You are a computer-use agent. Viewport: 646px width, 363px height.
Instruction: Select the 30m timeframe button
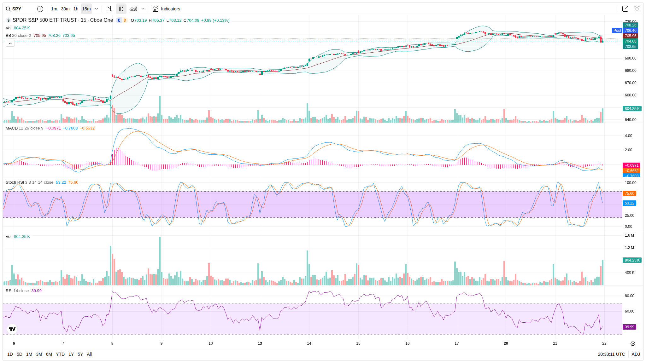pyautogui.click(x=65, y=9)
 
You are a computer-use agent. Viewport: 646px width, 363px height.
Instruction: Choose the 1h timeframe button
pyautogui.click(x=76, y=9)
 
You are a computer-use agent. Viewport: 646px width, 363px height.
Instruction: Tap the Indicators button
pyautogui.click(x=167, y=9)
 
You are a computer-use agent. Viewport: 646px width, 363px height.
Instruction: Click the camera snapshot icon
pyautogui.click(x=637, y=9)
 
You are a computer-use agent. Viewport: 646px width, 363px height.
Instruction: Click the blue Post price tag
pyautogui.click(x=617, y=31)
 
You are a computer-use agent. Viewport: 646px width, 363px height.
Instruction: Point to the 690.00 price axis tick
pyautogui.click(x=630, y=58)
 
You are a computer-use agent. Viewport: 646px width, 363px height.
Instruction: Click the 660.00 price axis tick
pyautogui.click(x=630, y=95)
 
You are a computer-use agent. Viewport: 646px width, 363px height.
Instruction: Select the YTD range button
pyautogui.click(x=60, y=354)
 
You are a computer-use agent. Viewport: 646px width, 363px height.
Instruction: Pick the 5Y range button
pyautogui.click(x=80, y=354)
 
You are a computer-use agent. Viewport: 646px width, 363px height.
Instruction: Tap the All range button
pyautogui.click(x=89, y=354)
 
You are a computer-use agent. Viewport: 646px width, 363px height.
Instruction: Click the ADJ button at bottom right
pyautogui.click(x=636, y=354)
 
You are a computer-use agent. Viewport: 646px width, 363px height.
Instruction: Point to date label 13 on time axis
pyautogui.click(x=260, y=343)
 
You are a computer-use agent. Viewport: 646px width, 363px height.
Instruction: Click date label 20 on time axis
pyautogui.click(x=506, y=343)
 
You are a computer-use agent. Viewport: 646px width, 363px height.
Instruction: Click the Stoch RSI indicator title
pyautogui.click(x=15, y=182)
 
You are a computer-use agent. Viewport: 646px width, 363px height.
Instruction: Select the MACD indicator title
pyautogui.click(x=12, y=128)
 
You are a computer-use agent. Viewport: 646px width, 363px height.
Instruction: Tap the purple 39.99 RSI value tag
pyautogui.click(x=629, y=327)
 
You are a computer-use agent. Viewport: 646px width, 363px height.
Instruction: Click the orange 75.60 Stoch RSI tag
pyautogui.click(x=629, y=193)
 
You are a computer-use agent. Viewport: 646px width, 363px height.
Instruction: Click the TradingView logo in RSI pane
pyautogui.click(x=12, y=329)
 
